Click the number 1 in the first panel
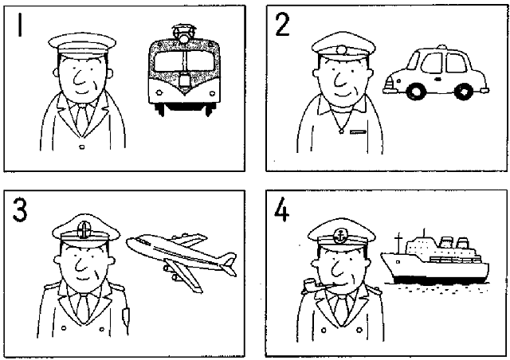[x=21, y=25]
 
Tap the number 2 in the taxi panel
[x=282, y=25]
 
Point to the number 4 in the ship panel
[x=281, y=209]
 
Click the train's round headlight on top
[x=184, y=39]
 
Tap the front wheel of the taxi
[x=415, y=92]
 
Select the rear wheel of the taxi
[x=464, y=91]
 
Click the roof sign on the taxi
[x=441, y=47]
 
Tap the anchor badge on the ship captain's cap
[x=341, y=236]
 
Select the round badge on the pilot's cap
[x=84, y=230]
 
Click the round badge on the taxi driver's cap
[x=342, y=50]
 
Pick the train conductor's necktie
[x=82, y=118]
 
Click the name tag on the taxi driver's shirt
[x=358, y=131]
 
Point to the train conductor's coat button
[x=81, y=147]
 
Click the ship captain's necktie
[x=342, y=311]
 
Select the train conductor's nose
[x=78, y=78]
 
